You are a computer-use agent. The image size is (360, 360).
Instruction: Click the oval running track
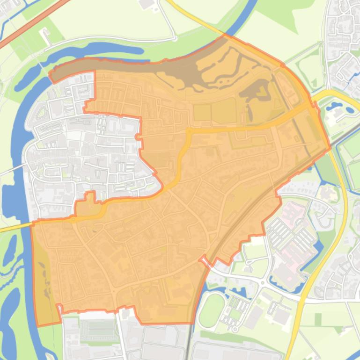[x=212, y=310]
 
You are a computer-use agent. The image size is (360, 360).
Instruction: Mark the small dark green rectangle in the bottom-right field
[x=318, y=320]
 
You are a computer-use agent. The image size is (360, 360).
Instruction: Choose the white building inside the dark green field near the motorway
[x=45, y=34]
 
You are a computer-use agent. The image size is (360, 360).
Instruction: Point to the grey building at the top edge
[x=147, y=4]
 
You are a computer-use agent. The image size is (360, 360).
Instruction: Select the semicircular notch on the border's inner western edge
[x=137, y=137]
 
